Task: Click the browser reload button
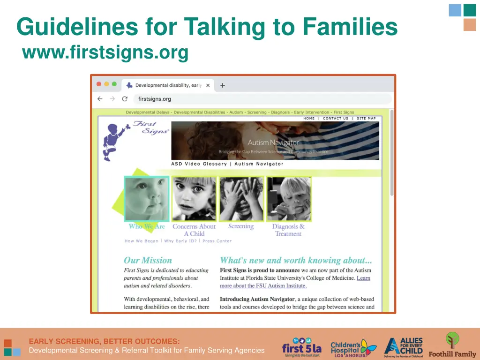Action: (x=125, y=99)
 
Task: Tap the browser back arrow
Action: (x=100, y=99)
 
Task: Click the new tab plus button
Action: (x=223, y=85)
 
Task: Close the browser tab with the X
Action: (x=208, y=85)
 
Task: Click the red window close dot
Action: (x=99, y=84)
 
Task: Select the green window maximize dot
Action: (x=114, y=84)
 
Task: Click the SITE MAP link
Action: (x=366, y=119)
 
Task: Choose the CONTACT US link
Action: (x=336, y=119)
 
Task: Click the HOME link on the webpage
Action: (x=309, y=119)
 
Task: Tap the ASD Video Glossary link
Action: (x=199, y=164)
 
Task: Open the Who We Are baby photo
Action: (x=147, y=199)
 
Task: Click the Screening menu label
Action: (x=241, y=226)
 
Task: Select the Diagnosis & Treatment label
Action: (x=288, y=230)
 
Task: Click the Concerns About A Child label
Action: (x=194, y=230)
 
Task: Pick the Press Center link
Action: (x=217, y=241)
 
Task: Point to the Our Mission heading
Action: (x=148, y=260)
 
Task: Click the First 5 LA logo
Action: (x=301, y=347)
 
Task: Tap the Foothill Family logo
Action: (x=452, y=345)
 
